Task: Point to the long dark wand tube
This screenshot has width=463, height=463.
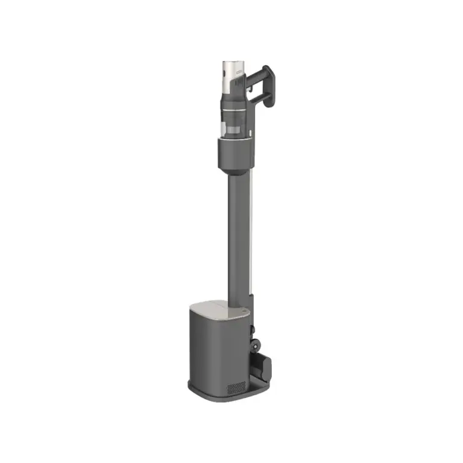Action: pyautogui.click(x=237, y=235)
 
